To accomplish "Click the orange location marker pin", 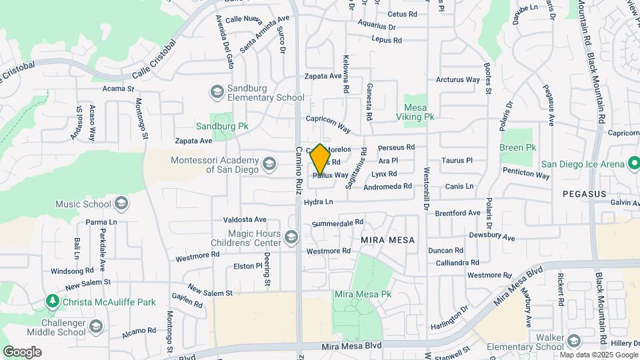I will [320, 159].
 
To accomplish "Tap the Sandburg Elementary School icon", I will [217, 91].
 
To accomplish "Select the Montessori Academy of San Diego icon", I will [269, 163].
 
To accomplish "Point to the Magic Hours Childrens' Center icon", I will [291, 237].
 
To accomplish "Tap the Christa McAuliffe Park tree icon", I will [52, 302].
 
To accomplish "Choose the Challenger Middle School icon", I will [97, 325].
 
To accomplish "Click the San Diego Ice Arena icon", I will [634, 164].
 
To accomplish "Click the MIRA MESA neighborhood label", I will [387, 240].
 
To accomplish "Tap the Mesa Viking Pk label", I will [419, 111].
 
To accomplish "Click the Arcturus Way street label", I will [457, 79].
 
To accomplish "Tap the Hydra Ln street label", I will [318, 201].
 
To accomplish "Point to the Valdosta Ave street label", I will [245, 219].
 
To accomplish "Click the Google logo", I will [22, 352].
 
